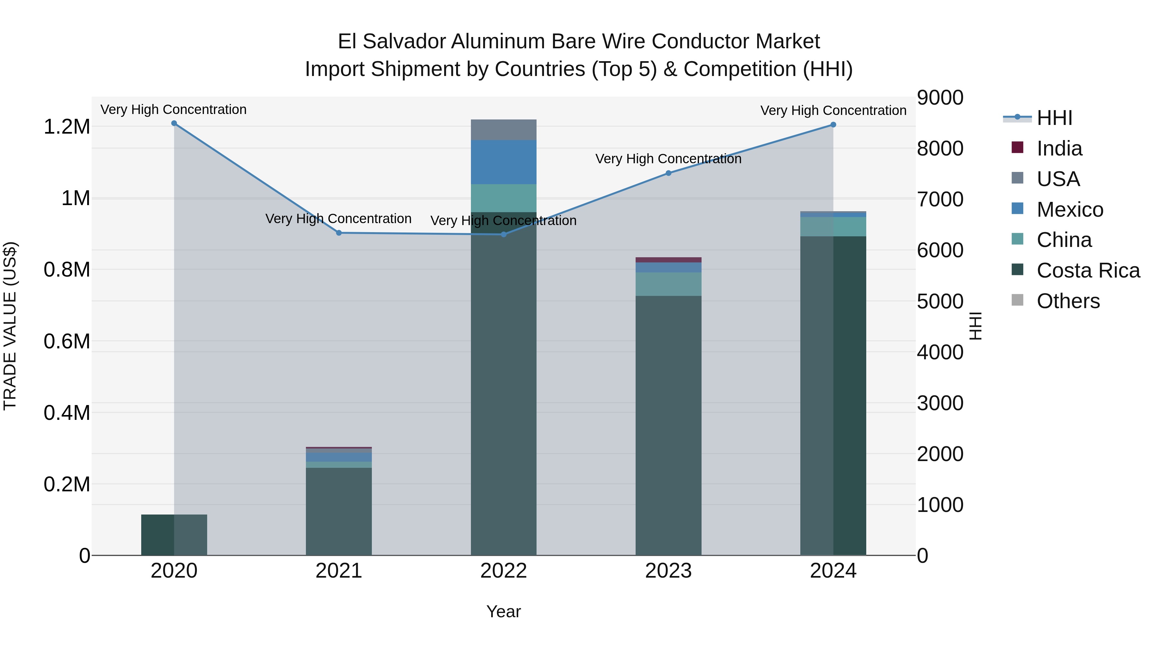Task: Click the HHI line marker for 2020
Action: click(x=174, y=123)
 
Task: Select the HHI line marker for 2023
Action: click(x=668, y=173)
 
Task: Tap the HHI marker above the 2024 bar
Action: click(x=833, y=125)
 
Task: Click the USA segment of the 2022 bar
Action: click(x=503, y=130)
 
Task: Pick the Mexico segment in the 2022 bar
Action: click(x=503, y=162)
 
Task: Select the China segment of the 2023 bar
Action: click(x=668, y=284)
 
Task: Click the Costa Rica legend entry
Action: click(x=1088, y=270)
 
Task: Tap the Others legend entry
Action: click(x=1068, y=301)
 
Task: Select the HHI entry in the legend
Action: click(x=1054, y=118)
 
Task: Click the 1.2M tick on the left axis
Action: click(x=67, y=127)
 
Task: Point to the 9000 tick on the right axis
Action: click(x=940, y=98)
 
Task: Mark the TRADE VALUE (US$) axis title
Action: click(x=10, y=326)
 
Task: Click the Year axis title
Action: click(x=503, y=611)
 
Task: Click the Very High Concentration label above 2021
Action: click(x=338, y=219)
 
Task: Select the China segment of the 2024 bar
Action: click(x=833, y=227)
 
